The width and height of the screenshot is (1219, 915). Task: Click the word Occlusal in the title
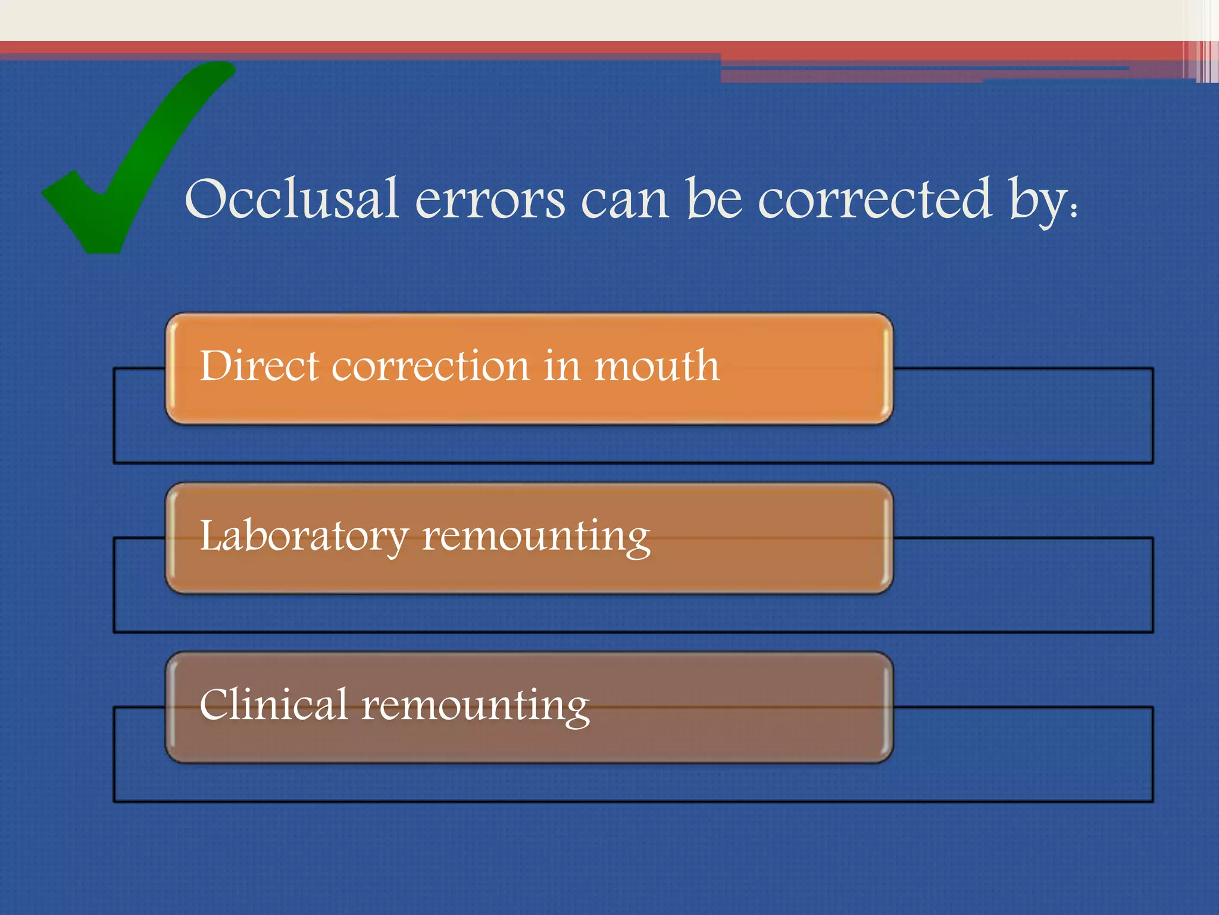pos(291,199)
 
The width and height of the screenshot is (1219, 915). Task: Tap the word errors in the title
pos(490,200)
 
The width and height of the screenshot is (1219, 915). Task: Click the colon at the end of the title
pos(1074,210)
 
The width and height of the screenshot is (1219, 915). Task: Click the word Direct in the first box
pos(258,366)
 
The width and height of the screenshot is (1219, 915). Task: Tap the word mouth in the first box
pos(657,366)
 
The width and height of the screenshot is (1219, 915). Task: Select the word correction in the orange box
pos(430,366)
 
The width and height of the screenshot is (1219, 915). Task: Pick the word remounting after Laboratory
pos(536,536)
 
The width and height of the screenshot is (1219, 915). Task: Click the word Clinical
pos(273,705)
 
